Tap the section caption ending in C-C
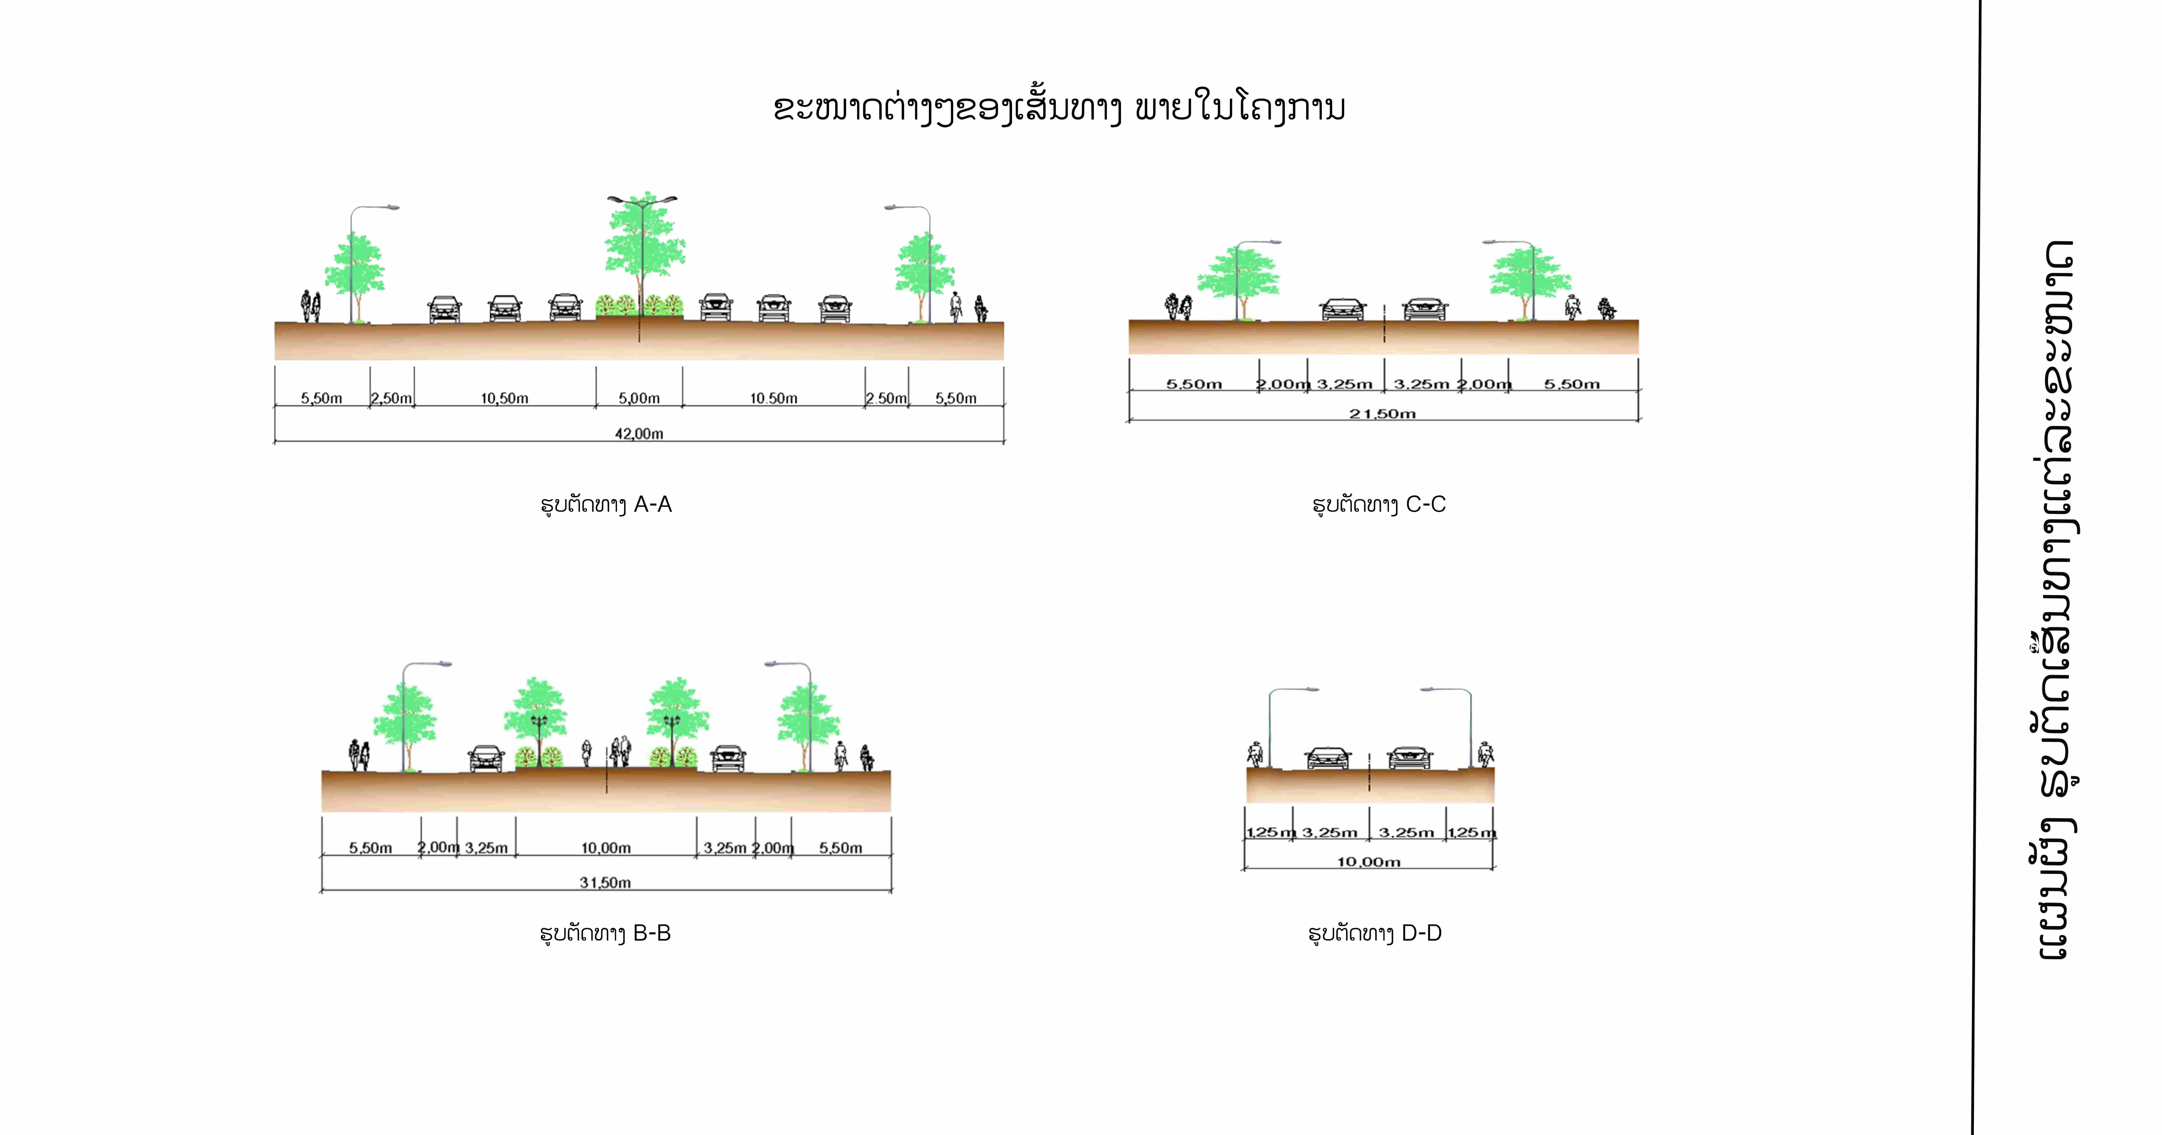pos(1379,504)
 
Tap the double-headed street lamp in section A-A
pos(642,200)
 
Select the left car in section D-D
pos(1328,758)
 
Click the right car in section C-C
pos(1424,309)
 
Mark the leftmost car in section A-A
pos(444,309)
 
